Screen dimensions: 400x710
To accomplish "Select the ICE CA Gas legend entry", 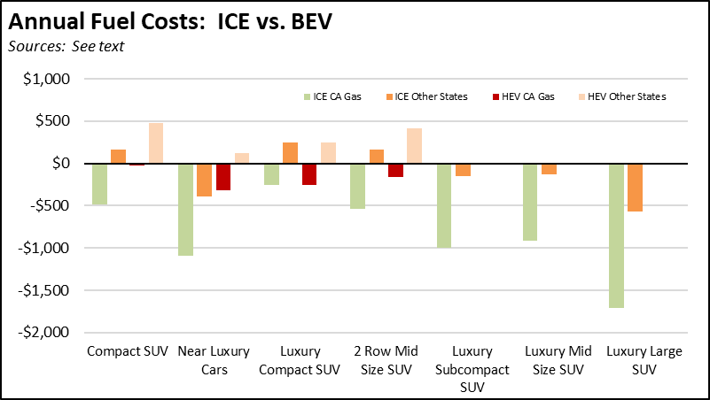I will pos(335,96).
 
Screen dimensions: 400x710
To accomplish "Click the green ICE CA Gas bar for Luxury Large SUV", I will pos(616,235).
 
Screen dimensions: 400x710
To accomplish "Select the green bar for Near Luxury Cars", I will pos(185,210).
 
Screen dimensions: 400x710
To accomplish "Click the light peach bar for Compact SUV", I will pos(155,143).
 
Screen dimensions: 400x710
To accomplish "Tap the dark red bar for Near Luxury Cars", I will pos(223,177).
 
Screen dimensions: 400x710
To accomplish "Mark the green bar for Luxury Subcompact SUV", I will pos(444,205).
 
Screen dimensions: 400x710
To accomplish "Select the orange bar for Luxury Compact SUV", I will pos(290,153).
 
